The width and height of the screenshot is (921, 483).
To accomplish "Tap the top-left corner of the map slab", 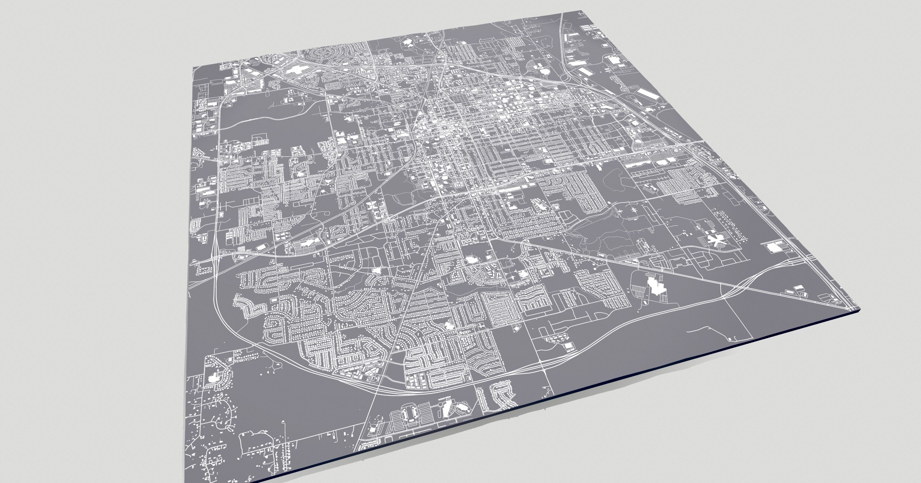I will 194,68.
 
